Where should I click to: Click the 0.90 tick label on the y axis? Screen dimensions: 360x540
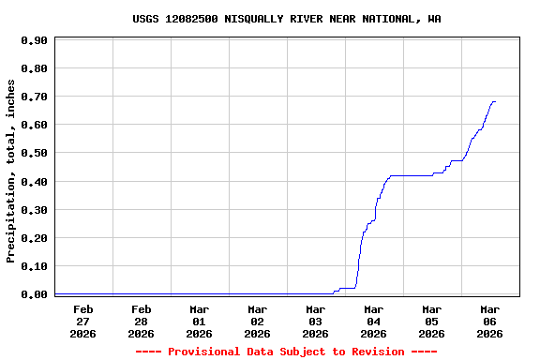(34, 40)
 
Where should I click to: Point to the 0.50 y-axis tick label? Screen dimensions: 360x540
(34, 153)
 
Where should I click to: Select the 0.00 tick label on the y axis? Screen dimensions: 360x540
(34, 294)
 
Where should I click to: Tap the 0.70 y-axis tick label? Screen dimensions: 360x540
(34, 97)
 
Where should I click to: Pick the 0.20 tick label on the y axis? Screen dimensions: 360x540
(34, 238)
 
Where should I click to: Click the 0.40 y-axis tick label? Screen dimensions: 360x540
(34, 181)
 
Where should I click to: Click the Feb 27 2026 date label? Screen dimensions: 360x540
(82, 321)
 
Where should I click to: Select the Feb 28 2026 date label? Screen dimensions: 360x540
(141, 321)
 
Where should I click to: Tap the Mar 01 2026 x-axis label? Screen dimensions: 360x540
(199, 321)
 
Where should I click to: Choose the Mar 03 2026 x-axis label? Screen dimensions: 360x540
(315, 321)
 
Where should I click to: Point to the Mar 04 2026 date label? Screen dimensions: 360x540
(373, 321)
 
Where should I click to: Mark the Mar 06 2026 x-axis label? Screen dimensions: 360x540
(489, 321)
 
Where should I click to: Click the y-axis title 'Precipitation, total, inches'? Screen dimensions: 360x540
(11, 171)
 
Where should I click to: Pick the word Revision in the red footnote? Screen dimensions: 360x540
(375, 352)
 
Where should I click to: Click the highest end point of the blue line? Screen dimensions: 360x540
(494, 101)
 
